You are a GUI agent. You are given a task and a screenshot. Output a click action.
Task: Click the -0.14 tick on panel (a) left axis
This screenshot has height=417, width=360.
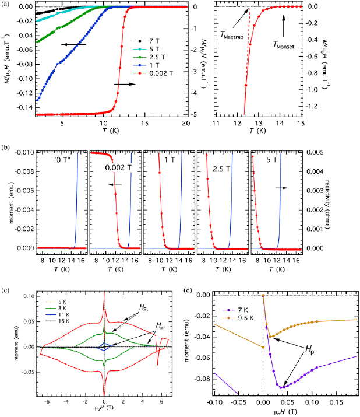22,108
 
